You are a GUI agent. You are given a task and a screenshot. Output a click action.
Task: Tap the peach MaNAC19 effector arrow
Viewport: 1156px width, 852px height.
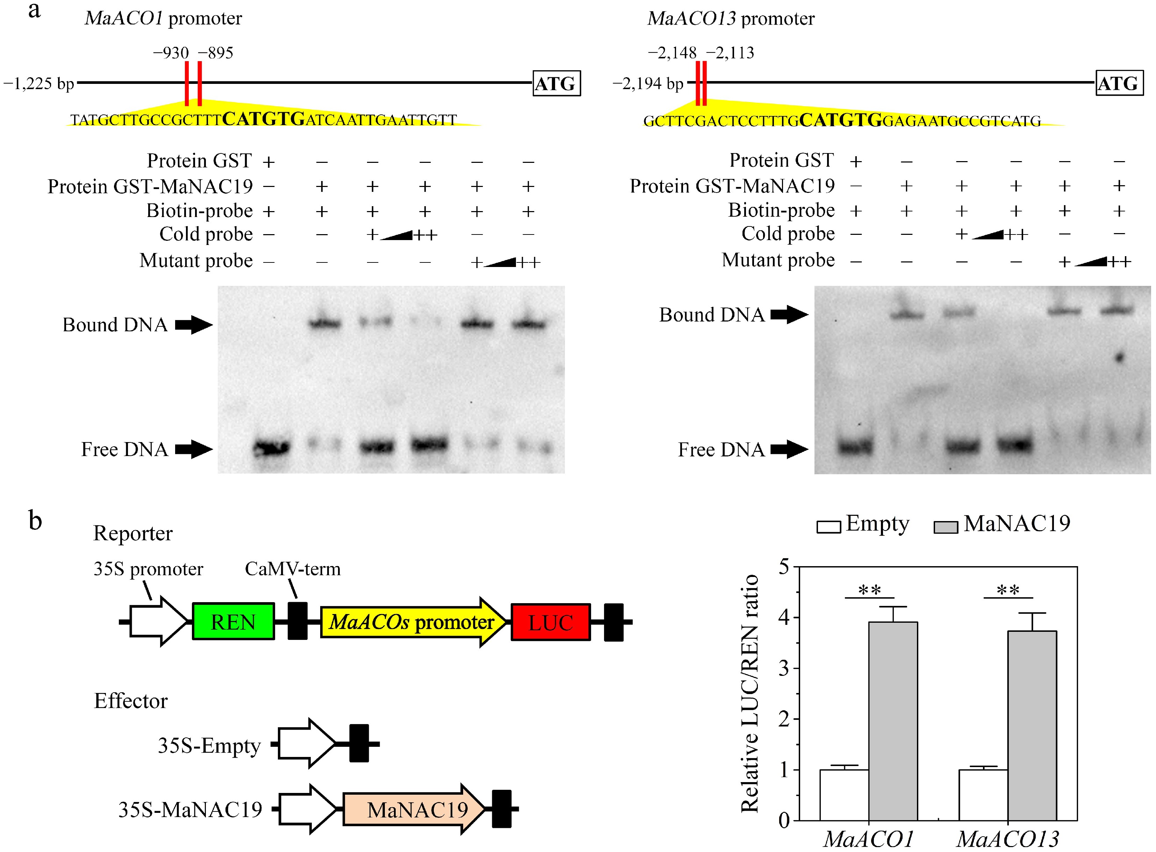pyautogui.click(x=413, y=809)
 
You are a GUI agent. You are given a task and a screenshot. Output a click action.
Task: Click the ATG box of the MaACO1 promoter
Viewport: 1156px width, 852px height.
pyautogui.click(x=556, y=84)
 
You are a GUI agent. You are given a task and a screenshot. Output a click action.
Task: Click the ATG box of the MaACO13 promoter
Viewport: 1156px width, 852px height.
pyautogui.click(x=1119, y=84)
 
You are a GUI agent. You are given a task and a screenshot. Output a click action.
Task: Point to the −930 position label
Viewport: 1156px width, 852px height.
pyautogui.click(x=171, y=53)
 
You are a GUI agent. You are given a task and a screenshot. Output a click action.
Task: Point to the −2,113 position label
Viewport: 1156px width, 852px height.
pyautogui.click(x=730, y=53)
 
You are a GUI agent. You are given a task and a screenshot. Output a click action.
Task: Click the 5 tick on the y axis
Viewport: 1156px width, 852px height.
pyautogui.click(x=784, y=567)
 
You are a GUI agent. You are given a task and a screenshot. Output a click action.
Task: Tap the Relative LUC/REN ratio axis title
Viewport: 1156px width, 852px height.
pyautogui.click(x=749, y=694)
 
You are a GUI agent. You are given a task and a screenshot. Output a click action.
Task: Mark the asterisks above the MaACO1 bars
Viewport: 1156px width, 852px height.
pyautogui.click(x=870, y=590)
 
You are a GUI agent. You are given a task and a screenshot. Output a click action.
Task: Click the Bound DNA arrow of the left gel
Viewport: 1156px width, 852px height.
pyautogui.click(x=193, y=325)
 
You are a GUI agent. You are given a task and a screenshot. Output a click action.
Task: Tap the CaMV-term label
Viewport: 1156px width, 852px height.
pyautogui.click(x=293, y=569)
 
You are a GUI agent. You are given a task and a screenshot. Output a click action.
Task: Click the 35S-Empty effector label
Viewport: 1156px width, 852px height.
pyautogui.click(x=209, y=746)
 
